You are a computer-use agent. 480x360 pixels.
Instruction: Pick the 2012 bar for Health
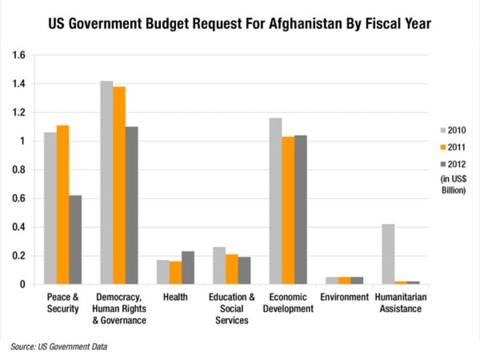[188, 268]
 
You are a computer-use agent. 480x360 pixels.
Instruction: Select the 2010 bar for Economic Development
[275, 201]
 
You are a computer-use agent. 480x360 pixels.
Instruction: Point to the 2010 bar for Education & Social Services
[219, 266]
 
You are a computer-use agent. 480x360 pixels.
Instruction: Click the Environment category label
[344, 297]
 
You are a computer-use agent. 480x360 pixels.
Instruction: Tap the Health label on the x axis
[176, 297]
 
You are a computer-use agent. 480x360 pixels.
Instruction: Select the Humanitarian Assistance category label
[398, 303]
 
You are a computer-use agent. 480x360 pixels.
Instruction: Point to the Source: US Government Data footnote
[59, 347]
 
